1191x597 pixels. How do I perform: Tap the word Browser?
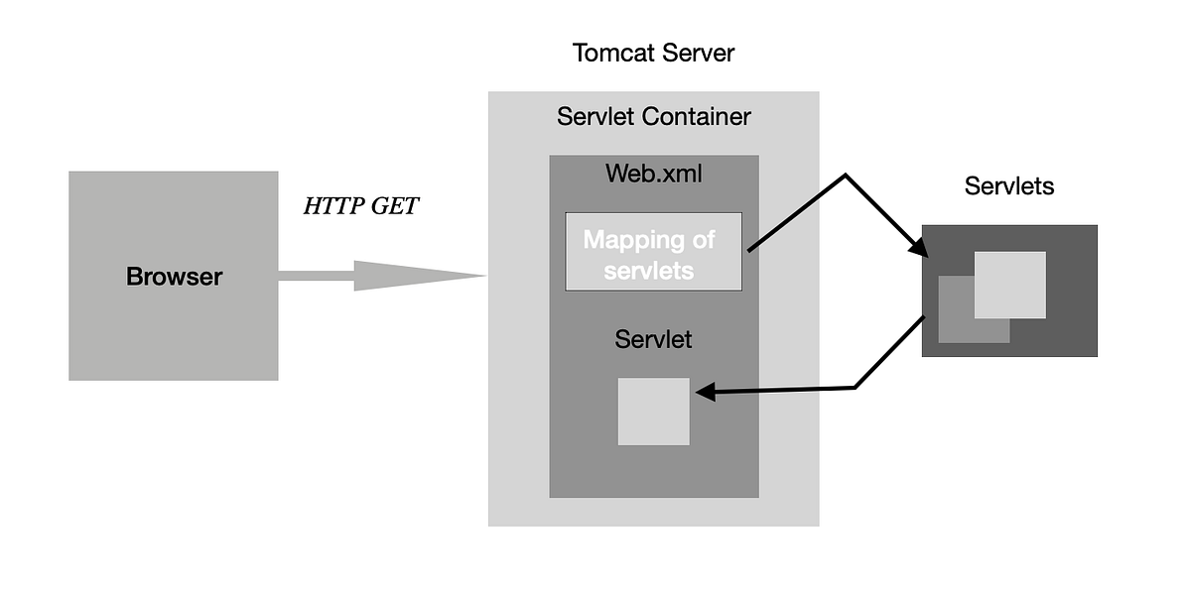coord(174,277)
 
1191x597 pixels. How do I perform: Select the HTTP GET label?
coord(360,207)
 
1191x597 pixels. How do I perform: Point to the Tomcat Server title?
coord(653,53)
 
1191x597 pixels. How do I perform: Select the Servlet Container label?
coord(653,117)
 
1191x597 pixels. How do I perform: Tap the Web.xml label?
coord(653,174)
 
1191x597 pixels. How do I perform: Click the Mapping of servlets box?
coord(653,252)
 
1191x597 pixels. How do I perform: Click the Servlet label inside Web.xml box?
coord(653,339)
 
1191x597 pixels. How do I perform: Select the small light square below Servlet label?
coord(653,412)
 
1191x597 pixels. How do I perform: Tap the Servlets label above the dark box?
coord(1008,185)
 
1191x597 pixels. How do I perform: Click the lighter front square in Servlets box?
coord(1009,285)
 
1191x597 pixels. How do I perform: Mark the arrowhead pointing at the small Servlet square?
coord(705,394)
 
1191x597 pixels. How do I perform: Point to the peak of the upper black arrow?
coord(845,178)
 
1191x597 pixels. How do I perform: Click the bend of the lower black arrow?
coord(856,387)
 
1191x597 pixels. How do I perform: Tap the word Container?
coord(696,117)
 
